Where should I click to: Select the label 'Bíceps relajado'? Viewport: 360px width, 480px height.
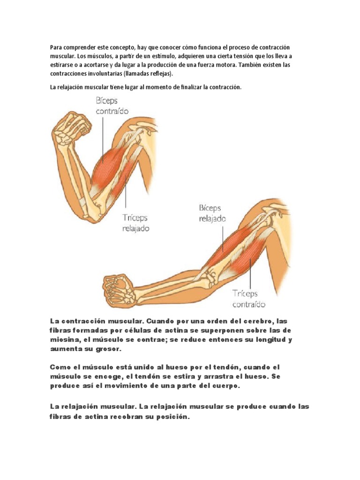point(212,213)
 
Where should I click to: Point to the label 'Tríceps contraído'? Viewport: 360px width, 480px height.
point(249,299)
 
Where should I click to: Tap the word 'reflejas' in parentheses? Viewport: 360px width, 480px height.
point(159,74)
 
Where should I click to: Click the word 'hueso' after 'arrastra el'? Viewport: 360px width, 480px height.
point(246,377)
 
